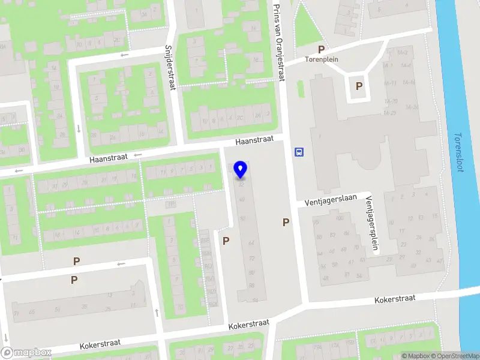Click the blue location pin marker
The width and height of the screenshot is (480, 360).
tap(241, 169)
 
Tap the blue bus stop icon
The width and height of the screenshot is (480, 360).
tap(299, 152)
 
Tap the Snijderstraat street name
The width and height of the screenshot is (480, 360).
tap(173, 66)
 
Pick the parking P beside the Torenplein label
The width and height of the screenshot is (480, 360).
tap(322, 49)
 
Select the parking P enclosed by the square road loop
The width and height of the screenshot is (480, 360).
tap(359, 86)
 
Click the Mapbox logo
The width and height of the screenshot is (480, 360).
tap(26, 352)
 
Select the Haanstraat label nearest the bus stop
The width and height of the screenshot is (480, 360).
tap(254, 140)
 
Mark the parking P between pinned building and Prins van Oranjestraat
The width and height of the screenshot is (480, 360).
tap(286, 222)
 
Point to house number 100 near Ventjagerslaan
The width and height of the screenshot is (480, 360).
tap(340, 218)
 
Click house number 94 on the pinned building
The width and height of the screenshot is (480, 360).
tap(255, 299)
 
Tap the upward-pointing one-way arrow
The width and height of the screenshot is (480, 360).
tap(157, 312)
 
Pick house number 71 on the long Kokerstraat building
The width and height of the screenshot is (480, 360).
tap(16, 313)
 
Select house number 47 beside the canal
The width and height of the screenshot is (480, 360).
tap(440, 261)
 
